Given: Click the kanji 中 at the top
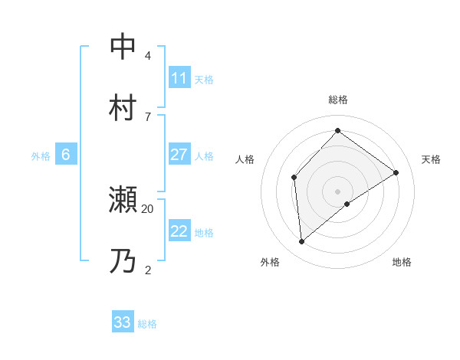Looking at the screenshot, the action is [x=123, y=47].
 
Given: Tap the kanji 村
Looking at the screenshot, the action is [x=123, y=106].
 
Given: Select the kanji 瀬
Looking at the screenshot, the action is [x=123, y=200].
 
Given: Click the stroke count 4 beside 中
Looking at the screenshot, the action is [x=148, y=56].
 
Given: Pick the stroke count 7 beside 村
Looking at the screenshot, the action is [x=148, y=116].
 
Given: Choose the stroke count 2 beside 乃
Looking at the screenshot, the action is [x=148, y=270].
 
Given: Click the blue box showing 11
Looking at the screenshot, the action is [x=179, y=78].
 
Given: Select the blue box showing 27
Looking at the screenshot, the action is [x=179, y=155].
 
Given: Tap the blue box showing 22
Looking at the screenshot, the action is [x=179, y=231].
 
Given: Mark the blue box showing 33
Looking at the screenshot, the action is [x=123, y=322].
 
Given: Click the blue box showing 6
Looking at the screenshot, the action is [x=66, y=155].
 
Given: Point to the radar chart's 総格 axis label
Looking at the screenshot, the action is [x=338, y=100].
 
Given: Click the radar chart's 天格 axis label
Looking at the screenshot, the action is [x=431, y=159].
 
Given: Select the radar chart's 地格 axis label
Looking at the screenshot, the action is [x=402, y=263].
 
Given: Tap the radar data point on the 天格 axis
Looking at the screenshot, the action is [x=396, y=172].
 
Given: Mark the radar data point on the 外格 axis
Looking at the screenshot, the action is [x=302, y=242].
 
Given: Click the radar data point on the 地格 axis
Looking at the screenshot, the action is [x=347, y=204].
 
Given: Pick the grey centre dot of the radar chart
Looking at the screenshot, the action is [x=338, y=191].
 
